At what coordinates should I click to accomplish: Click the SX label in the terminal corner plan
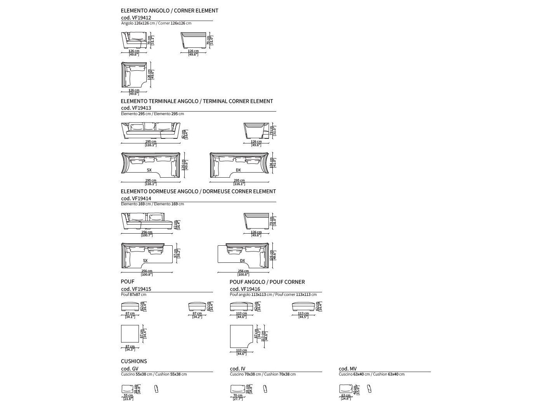point(149,170)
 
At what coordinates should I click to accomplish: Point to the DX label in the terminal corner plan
point(238,170)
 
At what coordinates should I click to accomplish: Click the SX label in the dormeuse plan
point(145,261)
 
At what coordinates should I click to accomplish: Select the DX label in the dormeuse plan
point(243,261)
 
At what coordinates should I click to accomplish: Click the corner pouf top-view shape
point(239,335)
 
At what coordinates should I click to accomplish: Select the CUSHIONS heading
point(134,361)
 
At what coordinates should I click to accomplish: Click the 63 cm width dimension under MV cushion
point(345,396)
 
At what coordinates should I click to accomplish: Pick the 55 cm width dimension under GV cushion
point(128,396)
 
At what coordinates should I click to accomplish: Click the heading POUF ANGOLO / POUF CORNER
point(267,282)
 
